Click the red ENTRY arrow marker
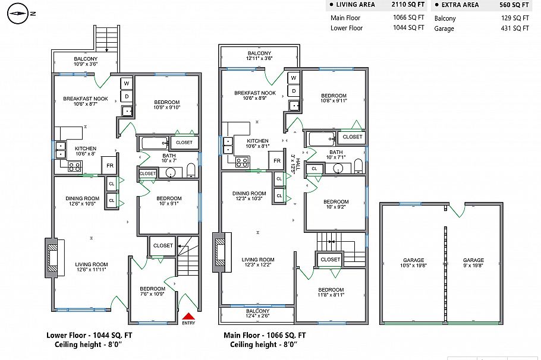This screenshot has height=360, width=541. [x=188, y=317]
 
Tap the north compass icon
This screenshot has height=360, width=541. [x=18, y=12]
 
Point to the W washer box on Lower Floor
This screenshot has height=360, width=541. [x=126, y=84]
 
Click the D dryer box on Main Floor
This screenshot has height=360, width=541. [x=293, y=90]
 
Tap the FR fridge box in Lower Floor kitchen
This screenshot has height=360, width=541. [x=109, y=166]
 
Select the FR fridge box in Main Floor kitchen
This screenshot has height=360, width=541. [x=276, y=161]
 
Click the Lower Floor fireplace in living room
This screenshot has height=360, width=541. [x=53, y=258]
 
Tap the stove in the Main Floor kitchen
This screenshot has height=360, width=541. [x=242, y=162]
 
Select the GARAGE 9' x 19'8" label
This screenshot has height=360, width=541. [x=473, y=263]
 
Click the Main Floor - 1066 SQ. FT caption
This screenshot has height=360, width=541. [x=265, y=335]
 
